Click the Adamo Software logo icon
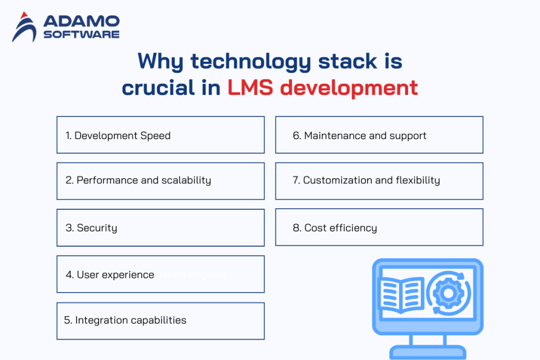tap(24, 27)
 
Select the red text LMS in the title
tap(250, 87)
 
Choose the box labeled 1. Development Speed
tap(160, 135)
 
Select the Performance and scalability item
tap(160, 181)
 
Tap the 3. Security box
tap(160, 228)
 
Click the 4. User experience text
tap(110, 275)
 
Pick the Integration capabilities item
tap(160, 320)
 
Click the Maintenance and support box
tap(379, 135)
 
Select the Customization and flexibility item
tap(379, 181)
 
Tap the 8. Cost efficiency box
tap(379, 227)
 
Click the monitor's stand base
tap(428, 352)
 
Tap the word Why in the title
tap(160, 62)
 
